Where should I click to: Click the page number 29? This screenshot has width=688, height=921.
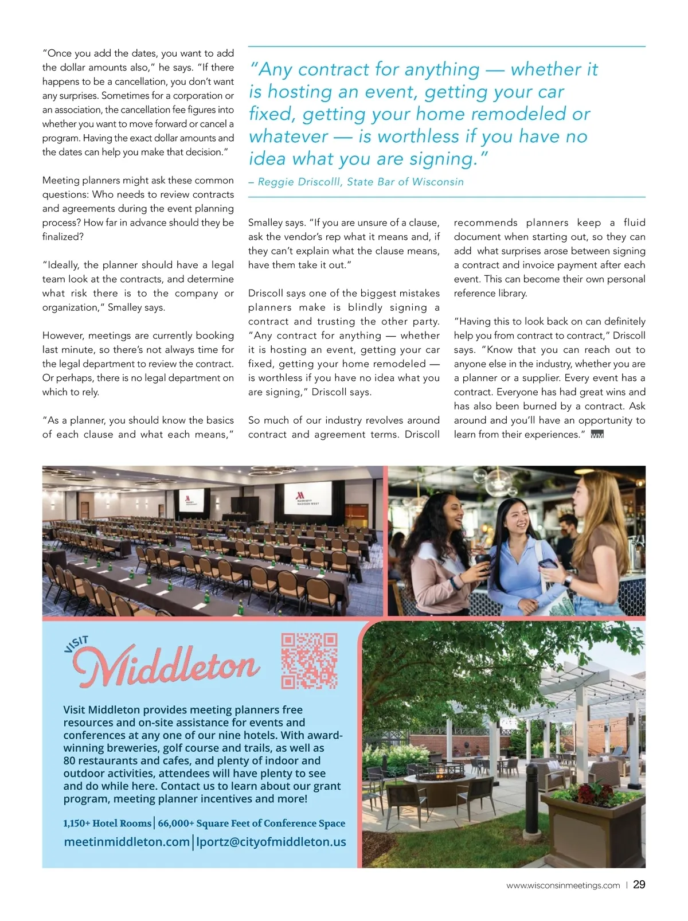pyautogui.click(x=639, y=884)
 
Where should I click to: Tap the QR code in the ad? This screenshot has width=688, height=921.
pyautogui.click(x=309, y=661)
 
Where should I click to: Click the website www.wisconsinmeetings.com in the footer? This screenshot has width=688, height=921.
pyautogui.click(x=562, y=885)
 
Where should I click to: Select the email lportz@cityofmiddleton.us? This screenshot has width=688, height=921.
pyautogui.click(x=271, y=841)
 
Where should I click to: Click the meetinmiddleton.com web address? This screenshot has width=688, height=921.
pyautogui.click(x=127, y=841)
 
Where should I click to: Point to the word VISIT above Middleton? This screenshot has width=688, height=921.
pyautogui.click(x=76, y=644)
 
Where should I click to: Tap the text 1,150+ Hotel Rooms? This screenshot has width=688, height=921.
pyautogui.click(x=107, y=823)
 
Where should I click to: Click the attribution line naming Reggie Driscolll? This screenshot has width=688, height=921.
pyautogui.click(x=355, y=182)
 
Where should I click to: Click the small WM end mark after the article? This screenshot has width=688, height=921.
pyautogui.click(x=597, y=435)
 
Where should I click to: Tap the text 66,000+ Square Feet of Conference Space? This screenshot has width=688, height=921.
pyautogui.click(x=251, y=823)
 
